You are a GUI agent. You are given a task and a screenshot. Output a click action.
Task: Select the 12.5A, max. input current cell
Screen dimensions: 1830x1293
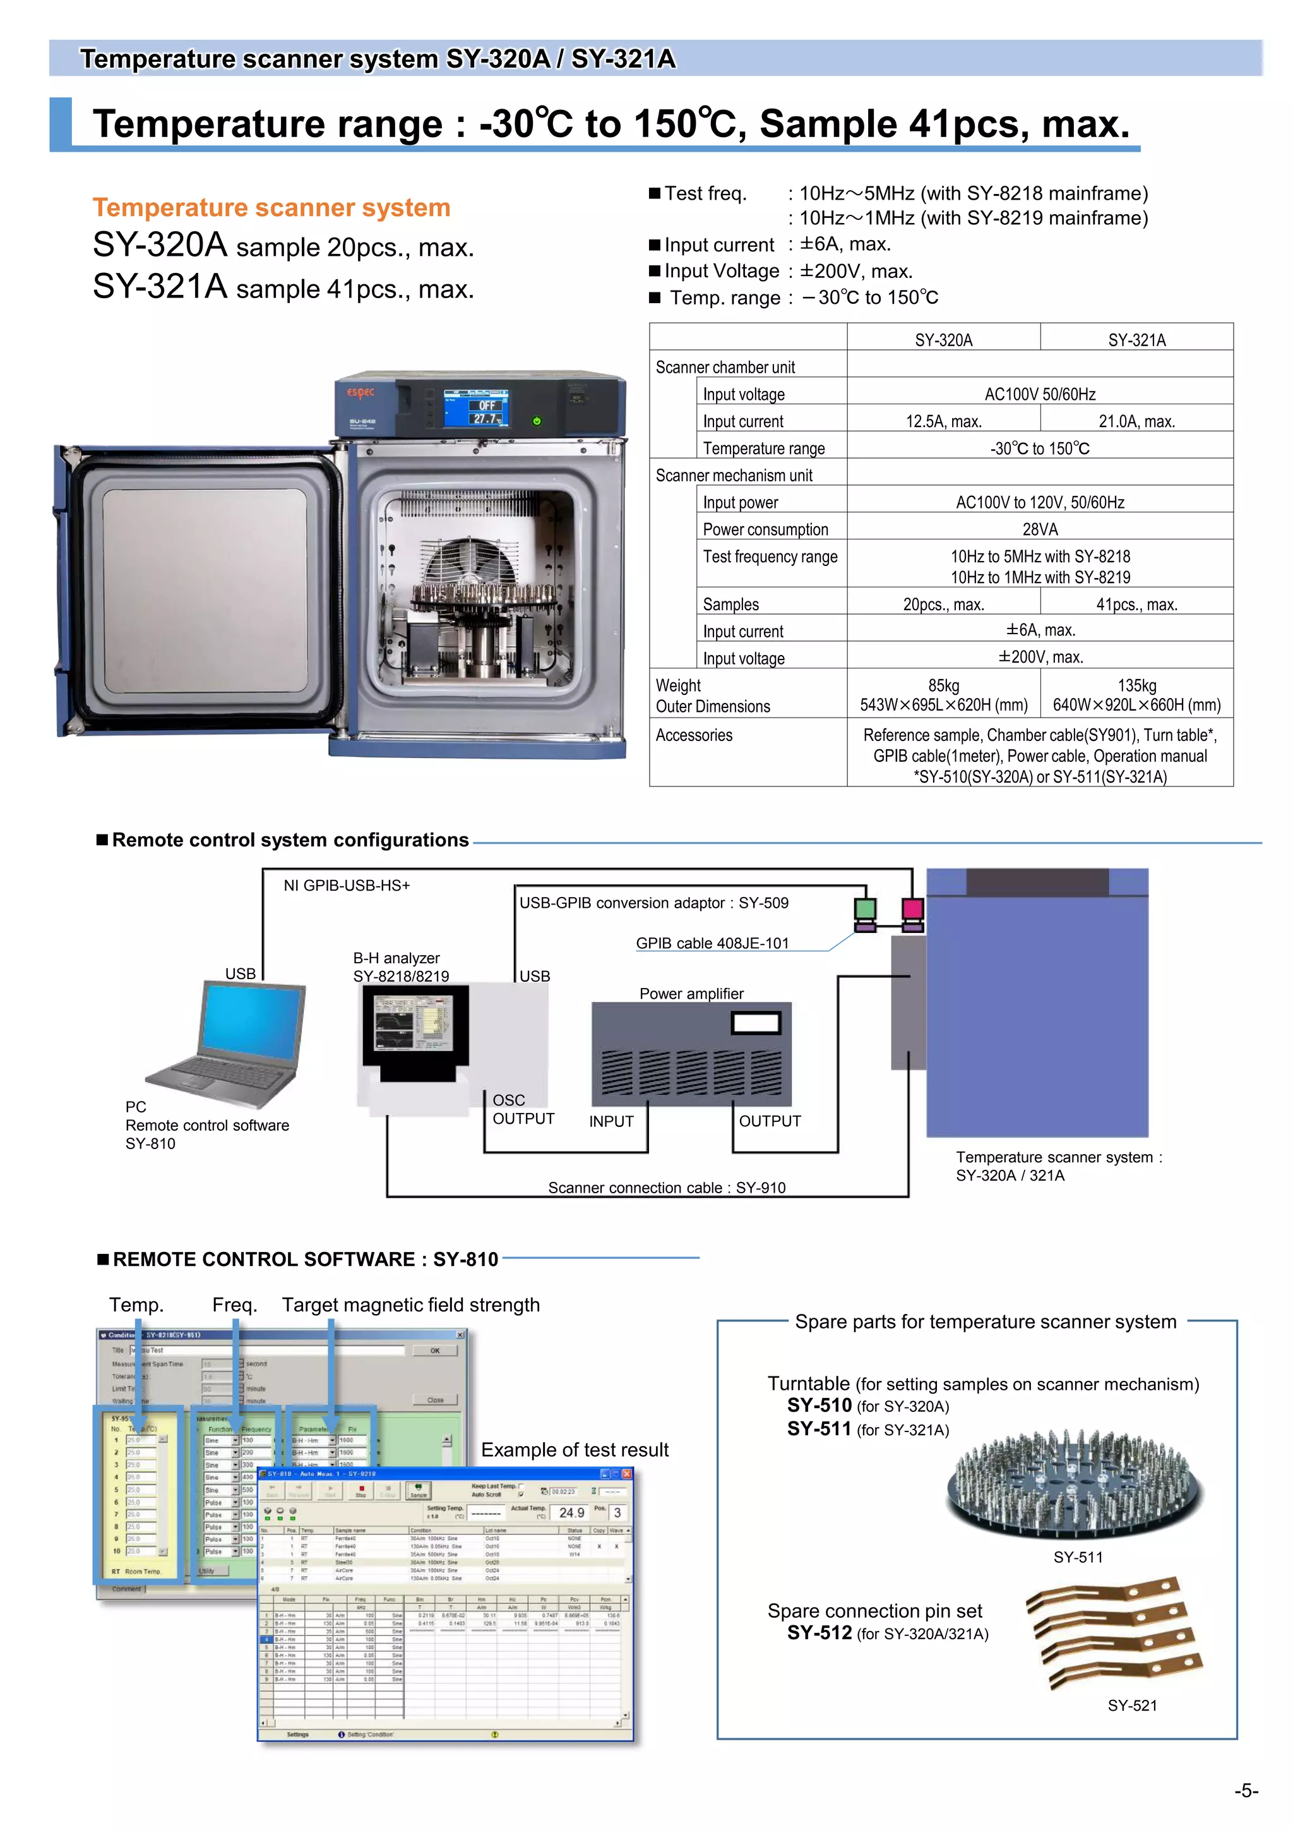[x=943, y=421]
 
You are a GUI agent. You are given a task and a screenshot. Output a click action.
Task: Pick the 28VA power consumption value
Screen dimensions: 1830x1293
[x=1040, y=529]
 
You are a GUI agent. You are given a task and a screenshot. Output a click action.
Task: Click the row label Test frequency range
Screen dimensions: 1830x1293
[x=770, y=557]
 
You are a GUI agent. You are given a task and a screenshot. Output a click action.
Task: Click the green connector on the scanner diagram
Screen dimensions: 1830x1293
[x=865, y=908]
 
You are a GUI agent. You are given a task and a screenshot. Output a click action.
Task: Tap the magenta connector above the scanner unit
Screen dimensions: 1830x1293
[x=913, y=908]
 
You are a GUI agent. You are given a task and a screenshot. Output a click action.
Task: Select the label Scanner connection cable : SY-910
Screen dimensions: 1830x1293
[x=666, y=1188]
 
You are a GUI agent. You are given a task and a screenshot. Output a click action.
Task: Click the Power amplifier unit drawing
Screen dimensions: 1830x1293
[x=691, y=1052]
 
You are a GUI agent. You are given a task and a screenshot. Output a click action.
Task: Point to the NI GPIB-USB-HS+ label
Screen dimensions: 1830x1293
[x=347, y=886]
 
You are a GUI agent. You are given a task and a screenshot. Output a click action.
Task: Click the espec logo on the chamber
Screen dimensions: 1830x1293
[x=360, y=392]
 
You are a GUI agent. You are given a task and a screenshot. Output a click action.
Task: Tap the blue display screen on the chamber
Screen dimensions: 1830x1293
[x=477, y=409]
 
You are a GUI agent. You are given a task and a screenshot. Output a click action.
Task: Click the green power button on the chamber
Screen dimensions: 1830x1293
[x=537, y=421]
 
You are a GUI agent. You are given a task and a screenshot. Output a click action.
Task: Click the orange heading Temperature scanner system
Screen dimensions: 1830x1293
[x=271, y=207]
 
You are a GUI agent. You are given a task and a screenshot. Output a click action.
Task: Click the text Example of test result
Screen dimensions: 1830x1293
[x=575, y=1450]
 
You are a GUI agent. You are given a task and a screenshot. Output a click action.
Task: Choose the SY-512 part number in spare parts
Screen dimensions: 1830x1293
[x=819, y=1632]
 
